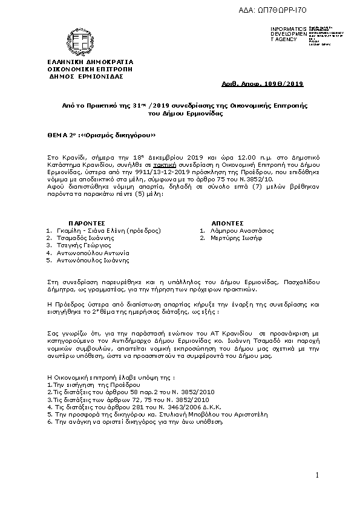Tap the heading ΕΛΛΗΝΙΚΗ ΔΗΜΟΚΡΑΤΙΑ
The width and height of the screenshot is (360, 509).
point(90,62)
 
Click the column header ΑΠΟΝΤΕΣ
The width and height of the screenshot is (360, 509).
point(227,222)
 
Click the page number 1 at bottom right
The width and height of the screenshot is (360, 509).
point(316,476)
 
